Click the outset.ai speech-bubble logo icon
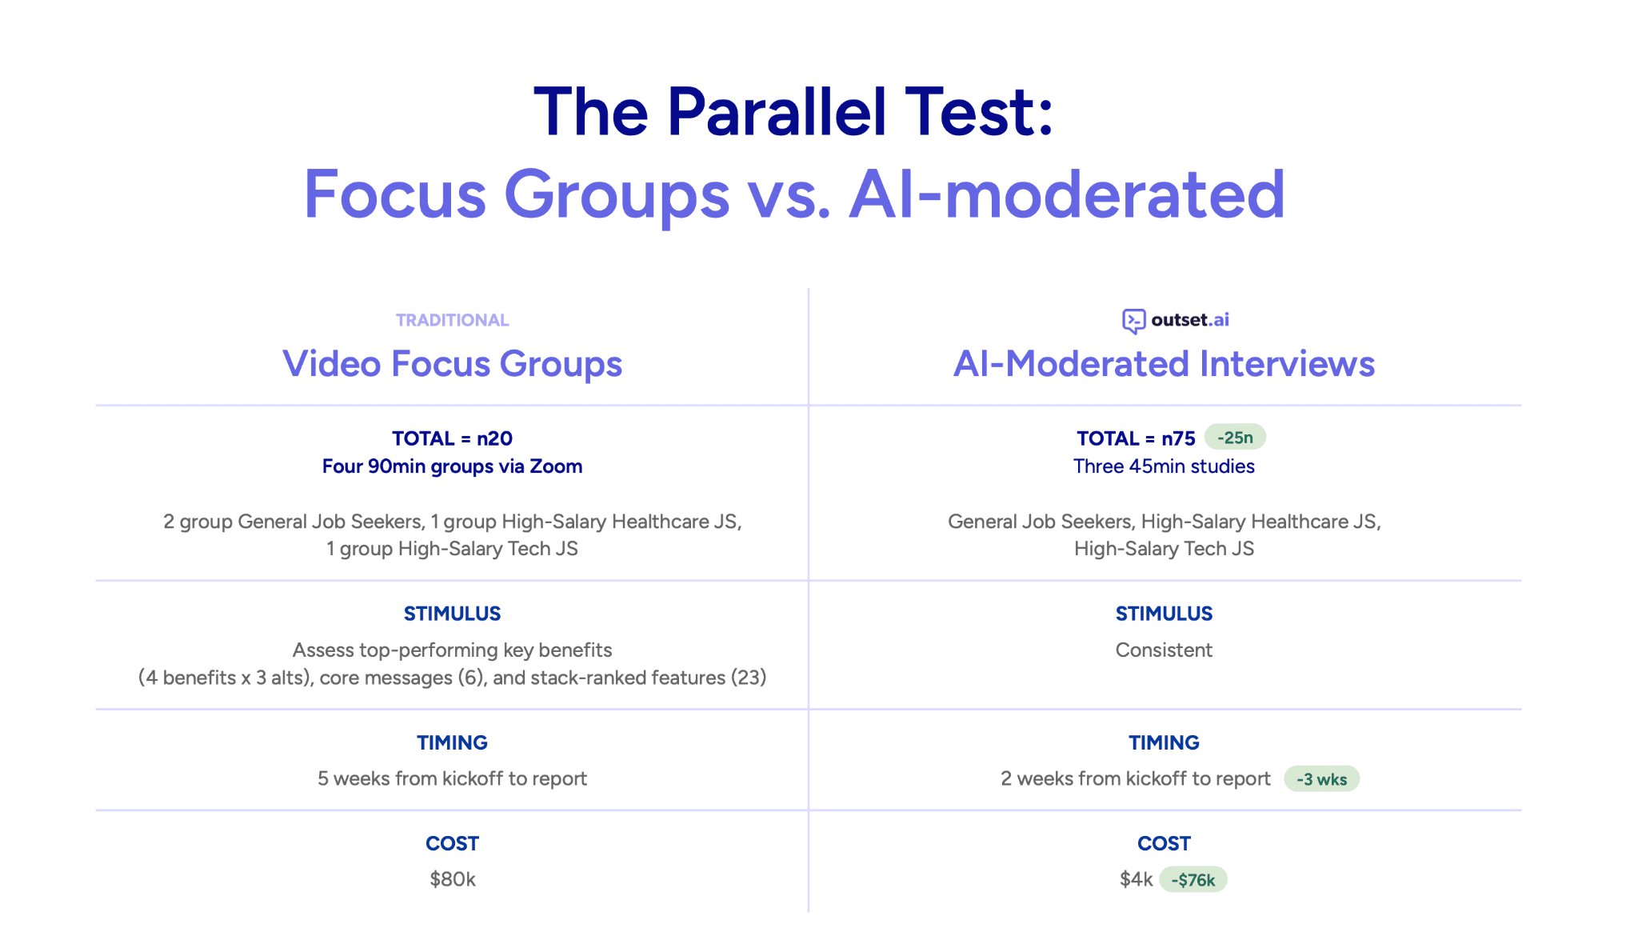tap(1133, 322)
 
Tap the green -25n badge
tap(1235, 438)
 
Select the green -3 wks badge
tap(1321, 779)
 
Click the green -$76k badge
tap(1193, 880)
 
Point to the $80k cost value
tap(453, 879)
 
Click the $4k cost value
tap(1136, 879)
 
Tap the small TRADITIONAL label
tap(453, 320)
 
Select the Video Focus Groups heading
tap(453, 364)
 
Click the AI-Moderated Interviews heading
tap(1165, 364)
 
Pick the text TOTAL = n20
tap(453, 438)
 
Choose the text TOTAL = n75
tap(1136, 438)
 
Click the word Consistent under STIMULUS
tap(1165, 650)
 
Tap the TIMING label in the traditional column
tap(453, 742)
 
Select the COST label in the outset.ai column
tap(1165, 843)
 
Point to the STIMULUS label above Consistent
tap(1165, 614)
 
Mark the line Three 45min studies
tap(1165, 466)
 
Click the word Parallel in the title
tap(777, 111)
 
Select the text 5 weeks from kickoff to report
tap(453, 778)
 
